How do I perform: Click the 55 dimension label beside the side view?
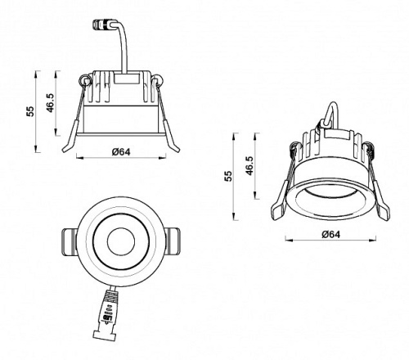(x=31, y=111)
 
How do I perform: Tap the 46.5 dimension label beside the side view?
(x=50, y=103)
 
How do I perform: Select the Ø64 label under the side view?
(x=121, y=151)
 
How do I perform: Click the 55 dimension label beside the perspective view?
(x=228, y=176)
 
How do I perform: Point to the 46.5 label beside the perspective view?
(x=249, y=166)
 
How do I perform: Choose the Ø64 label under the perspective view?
(x=330, y=234)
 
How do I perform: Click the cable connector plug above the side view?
(x=102, y=25)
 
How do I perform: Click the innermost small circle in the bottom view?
(x=121, y=241)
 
